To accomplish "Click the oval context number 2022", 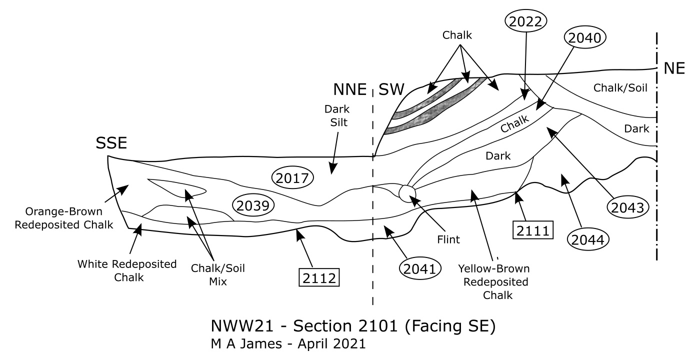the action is (x=525, y=21).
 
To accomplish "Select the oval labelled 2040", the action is (x=584, y=37).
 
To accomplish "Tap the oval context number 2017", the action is (x=292, y=178).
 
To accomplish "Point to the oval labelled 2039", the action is (x=253, y=205).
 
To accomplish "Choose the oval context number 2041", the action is (x=419, y=268).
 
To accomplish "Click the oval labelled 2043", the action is (x=627, y=207).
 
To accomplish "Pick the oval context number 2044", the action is (x=588, y=239).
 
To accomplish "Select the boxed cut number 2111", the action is (x=533, y=230).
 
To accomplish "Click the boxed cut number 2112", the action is (x=319, y=277).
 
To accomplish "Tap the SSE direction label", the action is (x=111, y=143).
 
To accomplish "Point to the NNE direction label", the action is (x=349, y=89).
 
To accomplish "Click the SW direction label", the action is (x=391, y=89).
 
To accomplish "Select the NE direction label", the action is (x=674, y=68).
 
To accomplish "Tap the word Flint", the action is (x=448, y=239).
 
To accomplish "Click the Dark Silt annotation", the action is (x=337, y=115).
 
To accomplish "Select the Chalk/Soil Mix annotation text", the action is (x=218, y=274).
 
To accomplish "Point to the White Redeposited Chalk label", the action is (x=127, y=270).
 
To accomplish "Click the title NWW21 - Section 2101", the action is (x=353, y=326).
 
